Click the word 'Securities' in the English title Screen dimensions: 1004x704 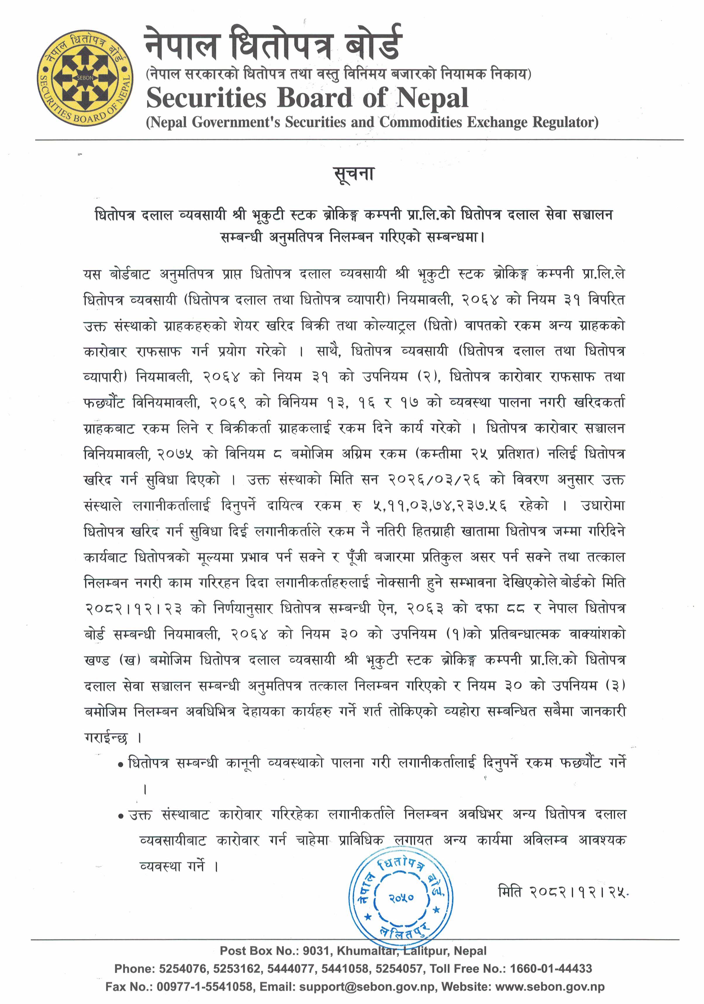pyautogui.click(x=206, y=98)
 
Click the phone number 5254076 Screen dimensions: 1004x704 pyautogui.click(x=183, y=969)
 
